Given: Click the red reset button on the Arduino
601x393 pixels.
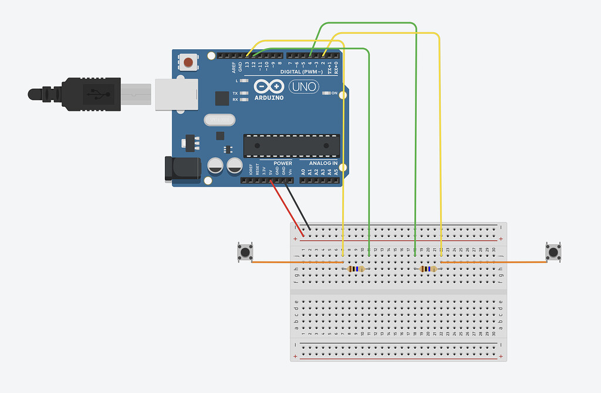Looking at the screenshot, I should tap(188, 62).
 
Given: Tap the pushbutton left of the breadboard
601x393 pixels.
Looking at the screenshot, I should tap(245, 252).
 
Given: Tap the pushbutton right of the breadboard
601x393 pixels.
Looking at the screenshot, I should tap(553, 252).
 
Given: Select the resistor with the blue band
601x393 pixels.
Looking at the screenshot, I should tap(430, 269).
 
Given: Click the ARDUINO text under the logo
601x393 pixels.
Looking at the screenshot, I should tap(269, 98).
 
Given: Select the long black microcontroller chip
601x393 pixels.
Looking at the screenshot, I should tap(292, 145).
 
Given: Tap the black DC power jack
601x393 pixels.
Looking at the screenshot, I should tap(182, 169).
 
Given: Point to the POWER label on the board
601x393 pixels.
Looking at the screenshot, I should tap(282, 163).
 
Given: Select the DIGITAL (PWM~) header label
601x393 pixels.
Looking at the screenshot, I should tap(302, 72).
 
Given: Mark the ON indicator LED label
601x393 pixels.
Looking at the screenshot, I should tap(335, 93).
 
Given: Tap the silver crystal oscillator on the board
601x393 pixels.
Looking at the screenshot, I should tap(219, 120).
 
